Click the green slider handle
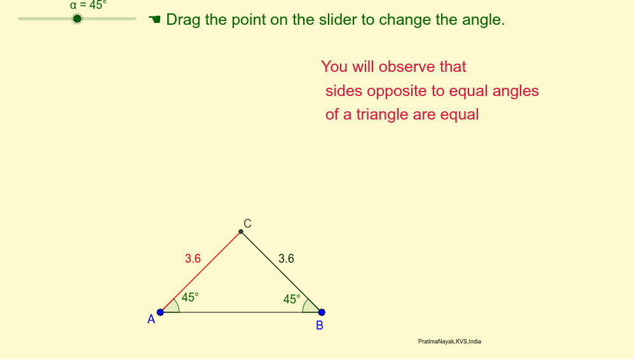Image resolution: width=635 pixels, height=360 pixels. [x=77, y=18]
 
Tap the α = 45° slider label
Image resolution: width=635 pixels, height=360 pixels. [x=88, y=4]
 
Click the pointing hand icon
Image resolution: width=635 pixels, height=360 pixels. [x=154, y=20]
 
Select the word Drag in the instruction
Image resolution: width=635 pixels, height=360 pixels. [x=183, y=20]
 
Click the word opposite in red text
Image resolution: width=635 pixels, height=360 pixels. [x=402, y=91]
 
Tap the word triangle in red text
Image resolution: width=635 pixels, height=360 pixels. [x=381, y=115]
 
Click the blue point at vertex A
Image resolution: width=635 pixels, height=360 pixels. [x=160, y=312]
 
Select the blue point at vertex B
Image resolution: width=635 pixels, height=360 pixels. [x=322, y=312]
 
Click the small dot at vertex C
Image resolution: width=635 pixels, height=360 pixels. [x=241, y=232]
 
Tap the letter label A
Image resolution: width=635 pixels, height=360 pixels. [x=151, y=320]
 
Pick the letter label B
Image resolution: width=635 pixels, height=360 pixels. [x=320, y=326]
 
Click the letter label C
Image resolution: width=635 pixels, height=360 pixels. [x=247, y=223]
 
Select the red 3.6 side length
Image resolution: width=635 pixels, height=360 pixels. [x=193, y=259]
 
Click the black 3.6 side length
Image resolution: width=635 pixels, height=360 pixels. [x=286, y=259]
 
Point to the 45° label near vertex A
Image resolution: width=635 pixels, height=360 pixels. [x=190, y=297]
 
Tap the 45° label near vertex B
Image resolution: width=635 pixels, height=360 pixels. [x=292, y=299]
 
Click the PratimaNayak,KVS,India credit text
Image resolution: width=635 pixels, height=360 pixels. [x=449, y=342]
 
